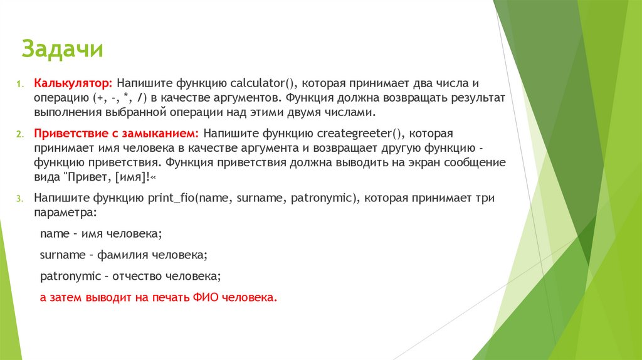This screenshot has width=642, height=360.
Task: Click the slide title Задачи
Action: [x=62, y=49]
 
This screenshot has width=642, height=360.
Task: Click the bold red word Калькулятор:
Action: [x=73, y=83]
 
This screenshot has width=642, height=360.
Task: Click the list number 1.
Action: [x=19, y=84]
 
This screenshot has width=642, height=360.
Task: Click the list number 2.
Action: [x=19, y=135]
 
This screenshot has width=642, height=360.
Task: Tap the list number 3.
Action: [x=19, y=198]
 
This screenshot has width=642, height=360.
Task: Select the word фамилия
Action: [x=122, y=255]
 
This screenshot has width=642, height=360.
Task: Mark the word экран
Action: [x=410, y=162]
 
